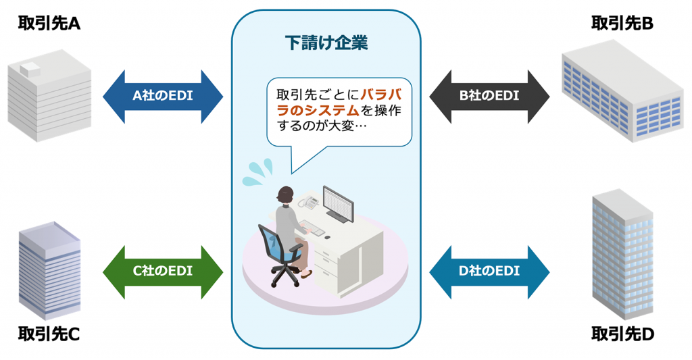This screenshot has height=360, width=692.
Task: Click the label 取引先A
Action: tap(49, 24)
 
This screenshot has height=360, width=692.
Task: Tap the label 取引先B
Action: tap(622, 24)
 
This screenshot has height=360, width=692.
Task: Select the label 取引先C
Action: tap(49, 334)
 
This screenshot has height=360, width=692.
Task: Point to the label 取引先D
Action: tap(622, 334)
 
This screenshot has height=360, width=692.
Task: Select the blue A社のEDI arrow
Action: tap(163, 96)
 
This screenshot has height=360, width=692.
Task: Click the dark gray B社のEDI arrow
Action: tap(489, 96)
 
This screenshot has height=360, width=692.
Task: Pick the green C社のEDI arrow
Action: tap(163, 272)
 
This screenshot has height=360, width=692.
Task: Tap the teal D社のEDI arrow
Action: tap(489, 272)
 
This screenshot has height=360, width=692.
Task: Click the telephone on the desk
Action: tap(310, 201)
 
